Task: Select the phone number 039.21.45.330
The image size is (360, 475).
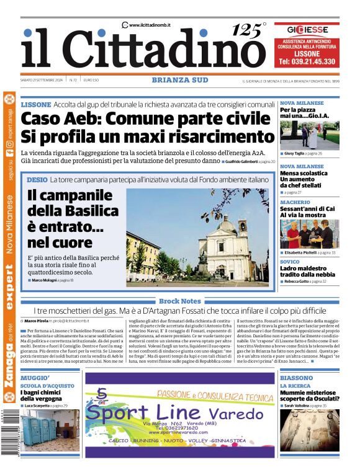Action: (307, 61)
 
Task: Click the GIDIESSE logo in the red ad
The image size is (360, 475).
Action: (307, 30)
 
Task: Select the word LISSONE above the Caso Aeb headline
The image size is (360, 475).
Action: (36, 105)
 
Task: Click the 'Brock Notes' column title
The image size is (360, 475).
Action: (179, 301)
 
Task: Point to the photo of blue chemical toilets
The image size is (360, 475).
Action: (47, 427)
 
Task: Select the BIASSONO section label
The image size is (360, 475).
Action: (297, 377)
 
